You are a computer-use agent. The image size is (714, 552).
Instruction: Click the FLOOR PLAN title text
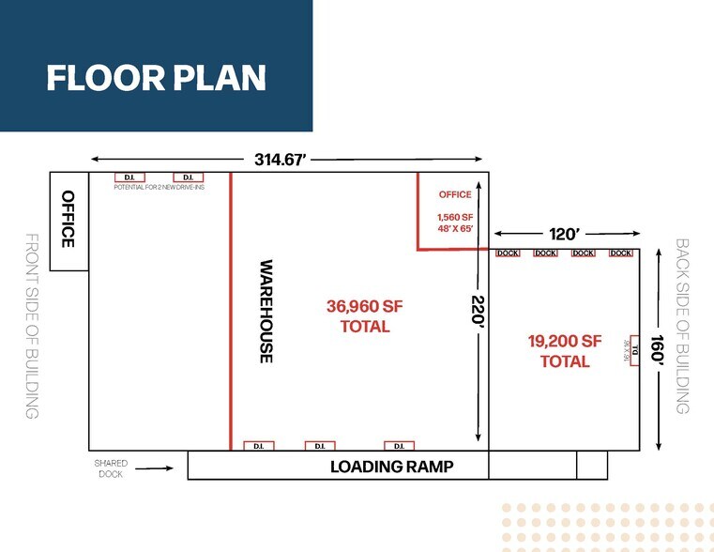[x=156, y=78]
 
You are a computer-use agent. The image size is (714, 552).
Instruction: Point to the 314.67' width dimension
[x=281, y=160]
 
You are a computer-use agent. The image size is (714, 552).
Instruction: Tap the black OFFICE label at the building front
[x=68, y=219]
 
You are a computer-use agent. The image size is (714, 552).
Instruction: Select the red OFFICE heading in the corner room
[x=455, y=195]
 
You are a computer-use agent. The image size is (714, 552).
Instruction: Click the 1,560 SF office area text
[x=455, y=216]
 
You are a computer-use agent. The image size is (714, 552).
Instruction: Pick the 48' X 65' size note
[x=455, y=228]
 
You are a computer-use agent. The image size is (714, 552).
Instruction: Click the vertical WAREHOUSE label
[x=266, y=312]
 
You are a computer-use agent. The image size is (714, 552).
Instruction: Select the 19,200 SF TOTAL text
[x=565, y=351]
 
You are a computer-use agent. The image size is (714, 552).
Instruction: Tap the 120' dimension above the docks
[x=565, y=234]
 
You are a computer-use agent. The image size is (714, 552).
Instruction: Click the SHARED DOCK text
[x=110, y=468]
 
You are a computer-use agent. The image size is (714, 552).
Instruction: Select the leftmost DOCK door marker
[x=508, y=253]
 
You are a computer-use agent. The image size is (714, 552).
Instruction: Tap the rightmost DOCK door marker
[x=620, y=253]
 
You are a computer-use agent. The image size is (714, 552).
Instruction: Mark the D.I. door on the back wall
[x=633, y=350]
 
